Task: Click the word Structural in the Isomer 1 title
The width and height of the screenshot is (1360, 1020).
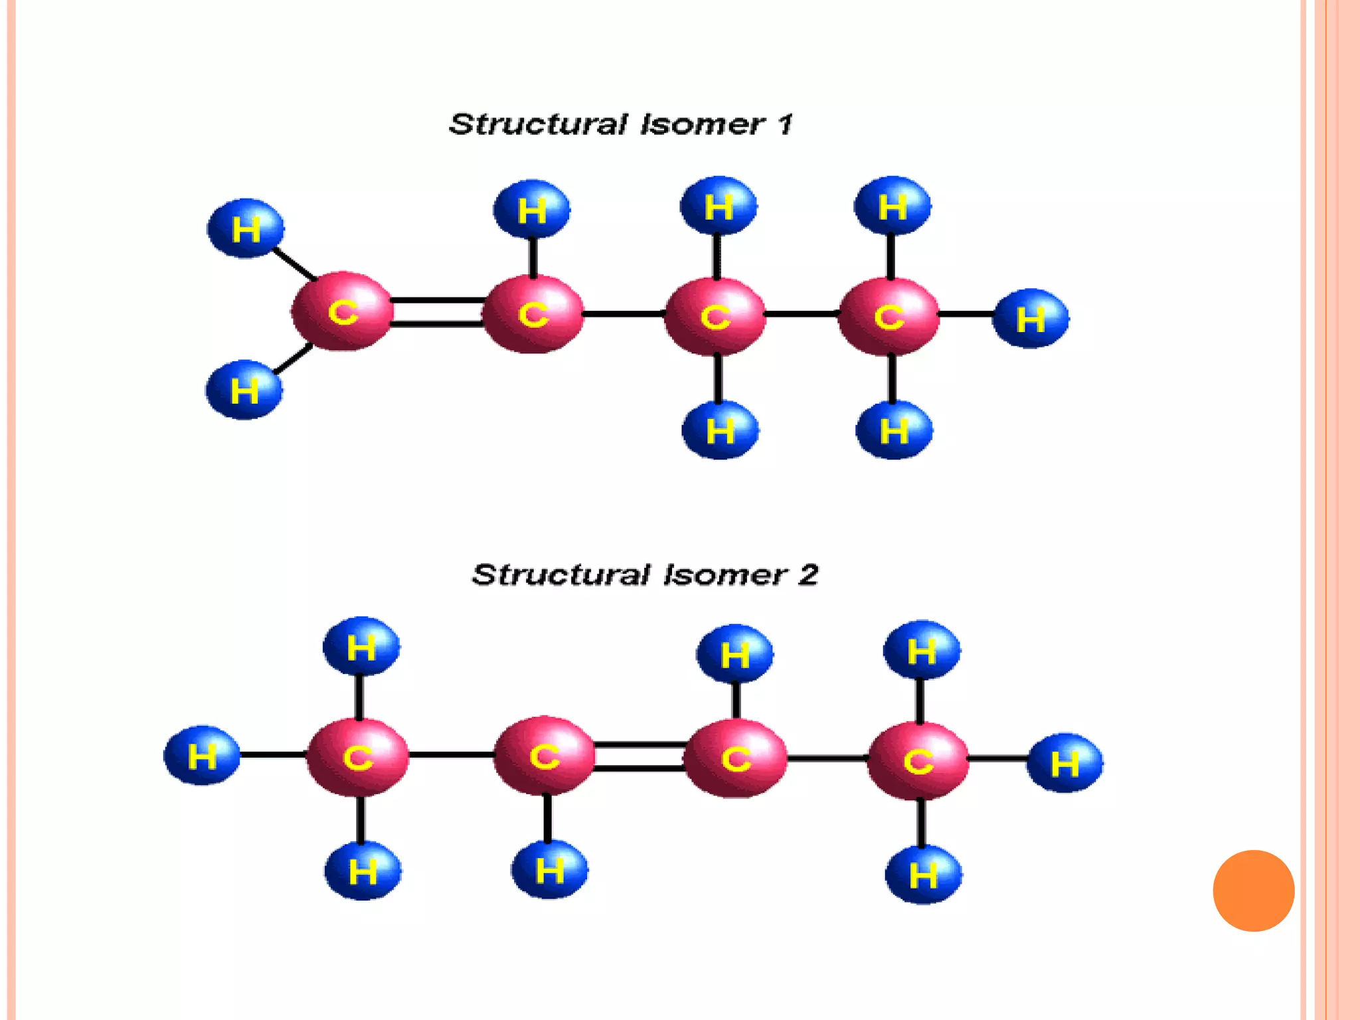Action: (x=538, y=124)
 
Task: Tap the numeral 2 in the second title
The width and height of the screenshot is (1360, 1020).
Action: (x=807, y=574)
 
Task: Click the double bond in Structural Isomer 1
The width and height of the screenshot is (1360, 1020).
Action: (x=437, y=312)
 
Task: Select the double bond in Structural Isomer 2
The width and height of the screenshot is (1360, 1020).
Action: (x=639, y=757)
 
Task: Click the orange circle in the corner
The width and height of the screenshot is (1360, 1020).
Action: (x=1253, y=891)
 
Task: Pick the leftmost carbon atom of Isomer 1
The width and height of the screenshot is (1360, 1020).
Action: (x=343, y=311)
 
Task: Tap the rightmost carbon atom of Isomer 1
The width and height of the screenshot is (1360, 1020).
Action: (x=889, y=316)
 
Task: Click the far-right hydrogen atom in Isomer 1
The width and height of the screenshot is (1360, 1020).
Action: (x=1030, y=319)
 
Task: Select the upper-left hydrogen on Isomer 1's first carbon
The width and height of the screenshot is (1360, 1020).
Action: (x=246, y=228)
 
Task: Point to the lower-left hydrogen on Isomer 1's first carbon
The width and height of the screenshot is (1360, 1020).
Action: (x=244, y=390)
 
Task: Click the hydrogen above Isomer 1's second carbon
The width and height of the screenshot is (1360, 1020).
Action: (x=531, y=209)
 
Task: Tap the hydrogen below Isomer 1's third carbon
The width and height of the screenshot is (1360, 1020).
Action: (x=720, y=430)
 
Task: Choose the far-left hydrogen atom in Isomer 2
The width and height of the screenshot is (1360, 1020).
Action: (x=202, y=756)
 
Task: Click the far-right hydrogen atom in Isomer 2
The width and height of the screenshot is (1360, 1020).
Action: (x=1064, y=763)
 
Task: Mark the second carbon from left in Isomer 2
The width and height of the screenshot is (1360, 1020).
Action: (x=545, y=756)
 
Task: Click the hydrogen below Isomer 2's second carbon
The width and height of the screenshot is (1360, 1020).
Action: (x=549, y=870)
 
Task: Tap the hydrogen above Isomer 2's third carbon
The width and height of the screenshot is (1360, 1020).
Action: (x=734, y=654)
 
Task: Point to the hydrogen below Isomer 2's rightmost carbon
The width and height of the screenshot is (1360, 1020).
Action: (x=923, y=875)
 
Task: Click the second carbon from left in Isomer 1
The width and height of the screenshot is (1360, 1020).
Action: (x=533, y=313)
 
